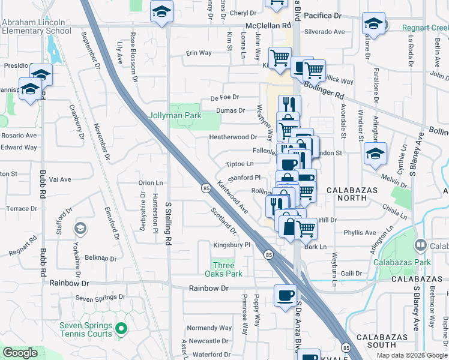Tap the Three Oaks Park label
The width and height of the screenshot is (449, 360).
(x=228, y=269)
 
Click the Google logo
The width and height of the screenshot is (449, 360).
(x=20, y=353)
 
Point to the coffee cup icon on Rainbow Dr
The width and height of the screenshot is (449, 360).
(x=285, y=295)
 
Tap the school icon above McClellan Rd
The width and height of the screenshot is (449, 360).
(x=161, y=12)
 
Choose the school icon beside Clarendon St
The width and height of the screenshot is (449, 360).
(x=376, y=153)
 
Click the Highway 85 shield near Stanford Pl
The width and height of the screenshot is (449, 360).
(x=205, y=189)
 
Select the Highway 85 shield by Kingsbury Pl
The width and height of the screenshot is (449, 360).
(x=267, y=255)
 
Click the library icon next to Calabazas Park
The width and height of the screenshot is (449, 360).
(x=421, y=245)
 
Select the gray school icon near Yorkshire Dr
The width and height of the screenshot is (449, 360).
(x=80, y=229)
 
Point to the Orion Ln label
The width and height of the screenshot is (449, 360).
(x=151, y=182)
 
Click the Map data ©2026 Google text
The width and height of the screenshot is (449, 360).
(x=411, y=355)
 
